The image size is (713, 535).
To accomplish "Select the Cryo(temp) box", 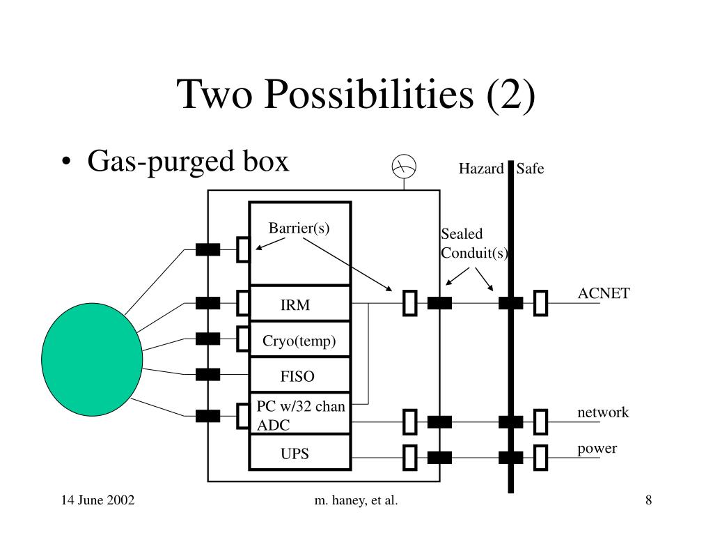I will [300, 341].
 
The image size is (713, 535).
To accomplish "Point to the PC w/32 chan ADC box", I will [300, 415].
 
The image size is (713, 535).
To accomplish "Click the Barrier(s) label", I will [299, 228].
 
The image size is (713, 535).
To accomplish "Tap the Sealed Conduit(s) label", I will [474, 243].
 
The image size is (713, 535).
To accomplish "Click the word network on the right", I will [603, 412].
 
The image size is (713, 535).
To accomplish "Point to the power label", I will [597, 448].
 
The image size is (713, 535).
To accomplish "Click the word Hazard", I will [480, 169].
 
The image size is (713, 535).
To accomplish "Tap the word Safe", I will [530, 169].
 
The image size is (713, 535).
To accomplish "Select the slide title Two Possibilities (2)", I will [356, 94].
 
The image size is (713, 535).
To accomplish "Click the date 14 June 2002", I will [97, 500].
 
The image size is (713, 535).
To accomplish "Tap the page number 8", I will [648, 500].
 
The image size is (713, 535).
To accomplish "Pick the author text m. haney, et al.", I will [356, 500].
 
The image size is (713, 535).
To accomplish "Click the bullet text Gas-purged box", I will [187, 162].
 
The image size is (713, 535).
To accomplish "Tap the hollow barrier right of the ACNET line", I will [541, 303].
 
